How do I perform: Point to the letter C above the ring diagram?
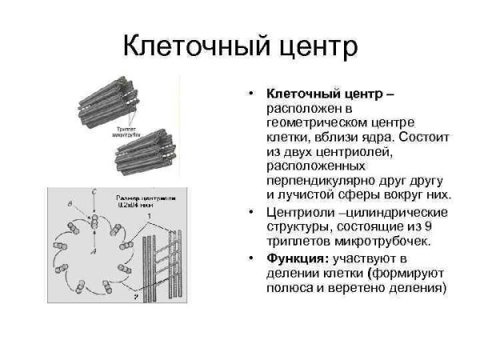point(94,192)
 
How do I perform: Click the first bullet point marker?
point(251,95)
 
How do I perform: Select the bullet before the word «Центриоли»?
point(251,212)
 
